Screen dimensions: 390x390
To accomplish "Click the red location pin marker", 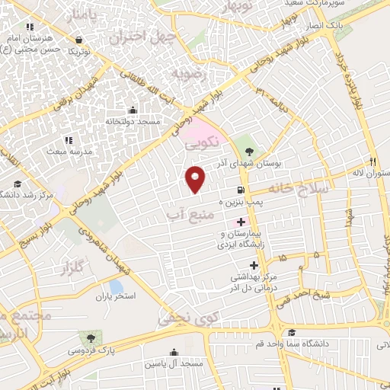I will tap(196, 178).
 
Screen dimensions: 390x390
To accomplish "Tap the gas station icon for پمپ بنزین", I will tap(241, 190).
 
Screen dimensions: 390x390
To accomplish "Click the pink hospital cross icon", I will tap(241, 222).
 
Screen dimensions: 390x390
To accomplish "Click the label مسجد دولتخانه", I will tap(152, 121).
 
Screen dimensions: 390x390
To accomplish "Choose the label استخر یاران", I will tap(115, 296).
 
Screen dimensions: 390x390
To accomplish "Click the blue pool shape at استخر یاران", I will tap(116, 286).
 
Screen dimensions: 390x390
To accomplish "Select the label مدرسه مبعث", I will tap(69, 152).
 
